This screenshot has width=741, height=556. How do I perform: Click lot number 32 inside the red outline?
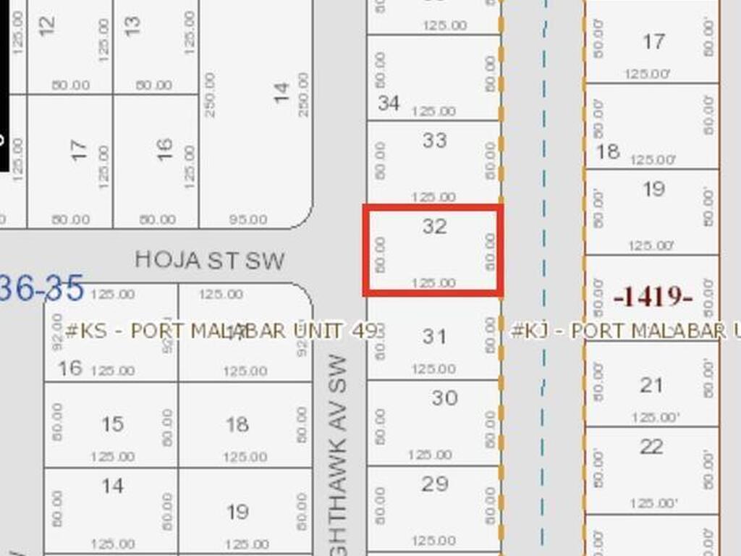click(x=434, y=227)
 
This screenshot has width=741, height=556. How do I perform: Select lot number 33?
click(x=434, y=140)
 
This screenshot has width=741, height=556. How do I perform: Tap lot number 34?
click(x=389, y=104)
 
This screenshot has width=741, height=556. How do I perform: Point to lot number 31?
click(x=434, y=337)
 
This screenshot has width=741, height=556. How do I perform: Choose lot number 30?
click(x=444, y=397)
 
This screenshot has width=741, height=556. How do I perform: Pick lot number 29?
click(x=434, y=484)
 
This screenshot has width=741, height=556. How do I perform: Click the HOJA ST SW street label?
click(x=210, y=261)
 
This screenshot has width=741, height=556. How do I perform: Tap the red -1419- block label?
click(x=653, y=297)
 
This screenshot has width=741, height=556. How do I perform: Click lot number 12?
click(x=46, y=26)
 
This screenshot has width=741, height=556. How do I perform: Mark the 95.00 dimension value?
click(x=247, y=219)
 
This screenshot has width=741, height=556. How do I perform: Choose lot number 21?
click(x=651, y=385)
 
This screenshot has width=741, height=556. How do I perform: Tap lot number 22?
click(x=651, y=447)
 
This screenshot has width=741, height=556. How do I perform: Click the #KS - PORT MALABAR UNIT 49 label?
click(x=221, y=332)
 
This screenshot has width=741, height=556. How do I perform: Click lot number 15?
click(x=112, y=424)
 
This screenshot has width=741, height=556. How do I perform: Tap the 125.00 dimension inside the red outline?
click(x=433, y=283)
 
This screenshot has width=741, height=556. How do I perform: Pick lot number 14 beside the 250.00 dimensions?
click(x=281, y=92)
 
